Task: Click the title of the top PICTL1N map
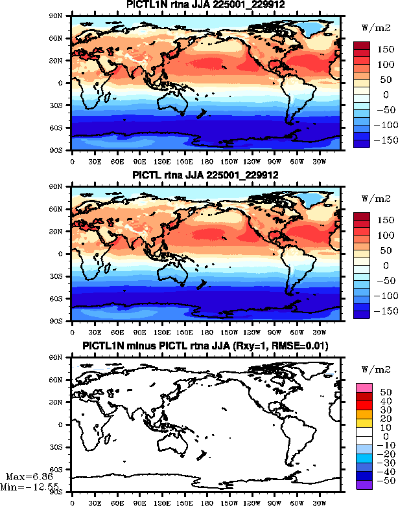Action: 204,5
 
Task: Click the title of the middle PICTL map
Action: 205,175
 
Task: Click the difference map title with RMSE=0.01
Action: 205,347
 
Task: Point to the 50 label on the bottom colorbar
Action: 383,391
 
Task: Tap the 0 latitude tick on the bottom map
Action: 65,424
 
